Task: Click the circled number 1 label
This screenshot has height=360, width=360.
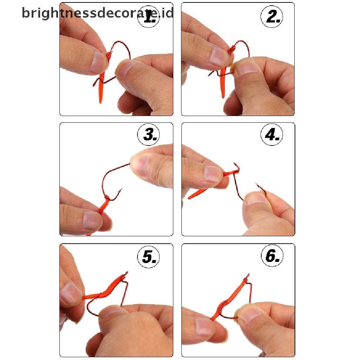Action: point(149,17)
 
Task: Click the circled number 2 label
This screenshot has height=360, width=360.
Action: point(272,17)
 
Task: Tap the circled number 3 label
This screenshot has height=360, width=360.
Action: point(149,135)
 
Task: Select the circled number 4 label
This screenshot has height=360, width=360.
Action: point(272,135)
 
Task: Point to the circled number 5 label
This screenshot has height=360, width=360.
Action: point(149,256)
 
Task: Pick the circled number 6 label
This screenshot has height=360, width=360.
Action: point(272,256)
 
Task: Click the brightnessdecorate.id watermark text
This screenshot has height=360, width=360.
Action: point(98,13)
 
